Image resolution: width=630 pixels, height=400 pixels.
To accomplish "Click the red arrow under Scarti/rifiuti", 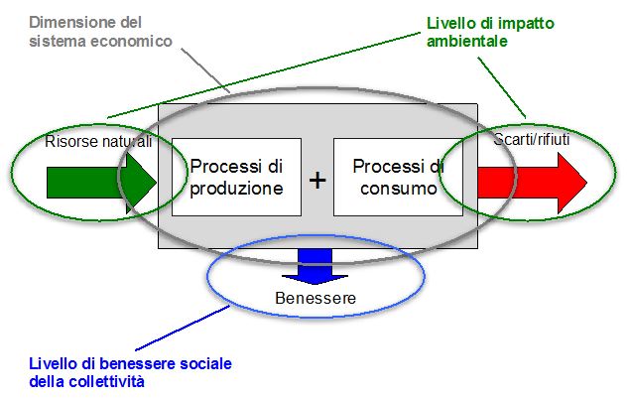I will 531,182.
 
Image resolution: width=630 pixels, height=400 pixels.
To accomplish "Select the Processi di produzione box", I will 236,177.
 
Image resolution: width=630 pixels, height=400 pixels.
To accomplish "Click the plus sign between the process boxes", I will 316,180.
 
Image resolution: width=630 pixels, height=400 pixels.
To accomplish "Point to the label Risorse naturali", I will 98,142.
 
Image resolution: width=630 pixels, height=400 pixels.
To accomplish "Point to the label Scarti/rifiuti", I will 531,141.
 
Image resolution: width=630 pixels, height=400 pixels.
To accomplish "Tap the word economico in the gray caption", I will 128,41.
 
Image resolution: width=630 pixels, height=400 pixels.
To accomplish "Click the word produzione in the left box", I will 236,187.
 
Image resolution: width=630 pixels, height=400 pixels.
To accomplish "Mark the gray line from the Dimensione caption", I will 204,68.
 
